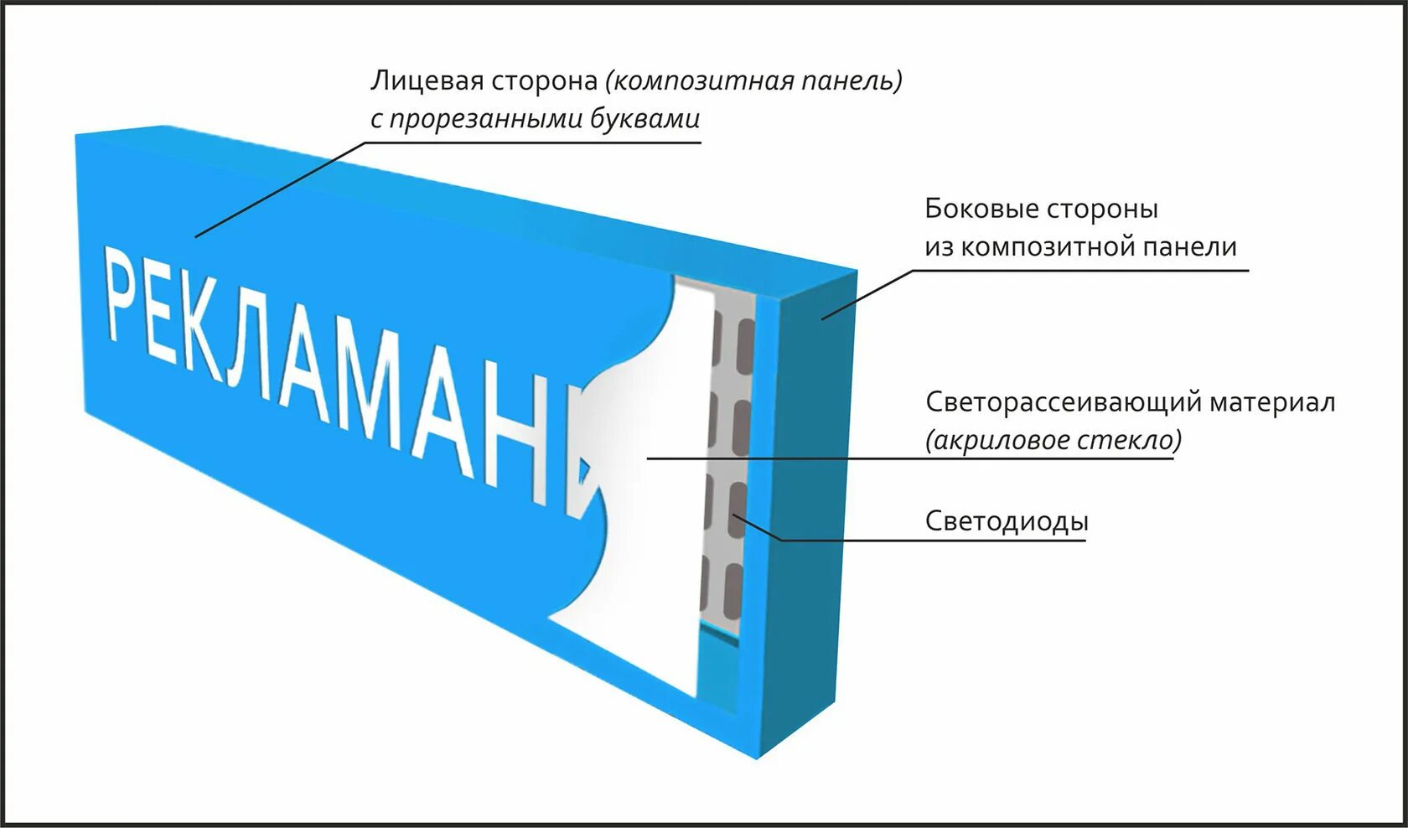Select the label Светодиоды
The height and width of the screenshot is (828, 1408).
tap(1007, 521)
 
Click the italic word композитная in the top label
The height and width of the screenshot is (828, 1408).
tap(699, 81)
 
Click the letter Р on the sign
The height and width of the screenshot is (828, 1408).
tap(122, 293)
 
